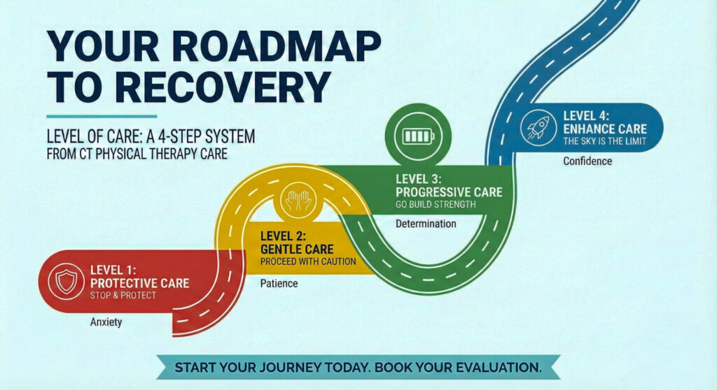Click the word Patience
279,283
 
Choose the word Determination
426,224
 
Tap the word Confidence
587,161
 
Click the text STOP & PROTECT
123,295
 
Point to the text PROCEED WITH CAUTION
308,261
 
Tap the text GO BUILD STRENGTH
436,204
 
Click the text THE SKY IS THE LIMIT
604,142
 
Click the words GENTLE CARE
297,248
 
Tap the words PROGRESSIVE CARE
448,191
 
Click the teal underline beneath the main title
102,116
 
